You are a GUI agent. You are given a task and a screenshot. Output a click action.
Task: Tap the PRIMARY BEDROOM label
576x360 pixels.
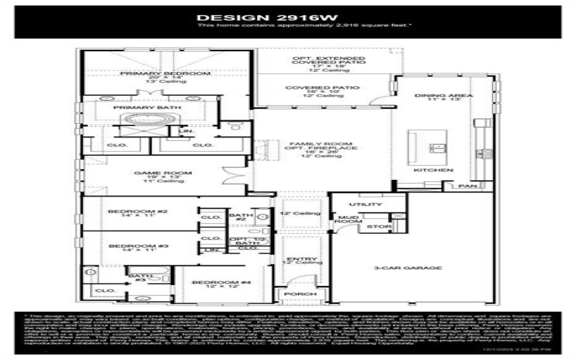165,73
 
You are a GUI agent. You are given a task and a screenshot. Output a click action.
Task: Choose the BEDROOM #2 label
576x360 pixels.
127,211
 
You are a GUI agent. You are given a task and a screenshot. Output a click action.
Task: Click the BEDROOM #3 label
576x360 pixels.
128,246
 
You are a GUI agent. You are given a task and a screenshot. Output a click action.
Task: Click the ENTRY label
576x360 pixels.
297,258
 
